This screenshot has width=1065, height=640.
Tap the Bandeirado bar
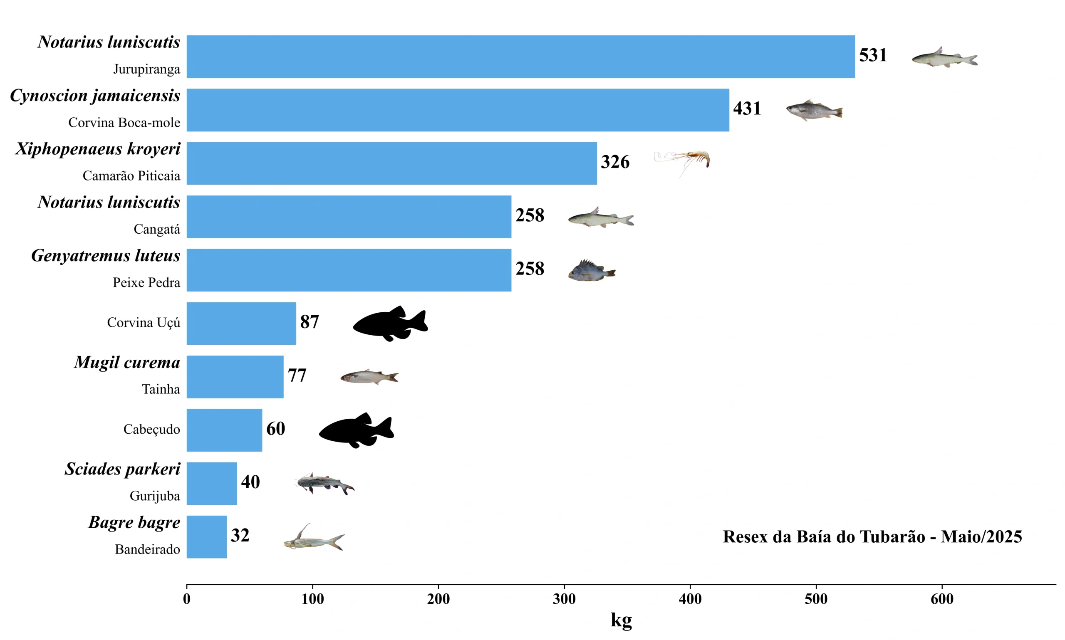coord(207,536)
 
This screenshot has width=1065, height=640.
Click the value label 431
coord(747,108)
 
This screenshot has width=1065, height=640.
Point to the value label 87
coord(309,322)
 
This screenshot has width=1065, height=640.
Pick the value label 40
coord(250,482)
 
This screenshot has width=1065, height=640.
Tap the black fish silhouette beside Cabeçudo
coord(356,430)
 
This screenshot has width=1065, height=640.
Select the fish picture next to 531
coord(944,58)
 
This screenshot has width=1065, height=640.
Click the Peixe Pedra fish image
coord(591,271)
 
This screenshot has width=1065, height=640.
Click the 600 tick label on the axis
coord(941,598)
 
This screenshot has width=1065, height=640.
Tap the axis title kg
coord(621,620)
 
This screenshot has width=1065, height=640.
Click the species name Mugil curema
coord(127,362)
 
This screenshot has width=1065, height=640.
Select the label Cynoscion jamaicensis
coord(95,95)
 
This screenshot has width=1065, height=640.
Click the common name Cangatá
coord(156,229)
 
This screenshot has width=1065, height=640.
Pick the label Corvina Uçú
coord(143,323)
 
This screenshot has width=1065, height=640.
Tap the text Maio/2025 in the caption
coord(981,536)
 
